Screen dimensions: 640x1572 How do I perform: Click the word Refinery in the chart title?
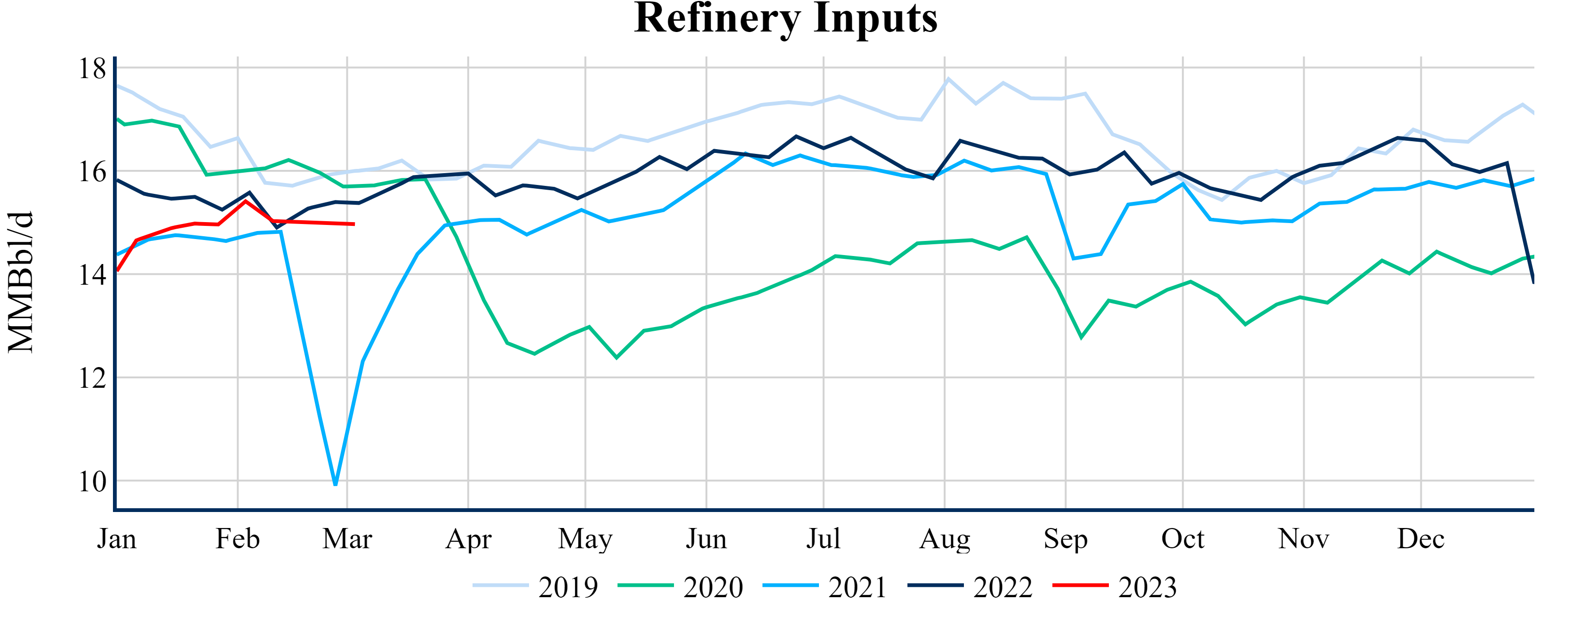click(x=717, y=18)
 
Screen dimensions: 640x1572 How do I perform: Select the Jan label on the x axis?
click(x=117, y=539)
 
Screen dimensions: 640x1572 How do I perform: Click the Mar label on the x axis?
click(x=347, y=539)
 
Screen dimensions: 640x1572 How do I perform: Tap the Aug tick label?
click(x=945, y=539)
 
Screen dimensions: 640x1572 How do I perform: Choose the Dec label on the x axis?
click(x=1420, y=539)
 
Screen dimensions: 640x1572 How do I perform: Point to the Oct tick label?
click(x=1183, y=539)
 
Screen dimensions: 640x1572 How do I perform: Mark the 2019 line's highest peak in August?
click(x=948, y=79)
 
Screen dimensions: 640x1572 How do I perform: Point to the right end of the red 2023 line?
click(x=354, y=224)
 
